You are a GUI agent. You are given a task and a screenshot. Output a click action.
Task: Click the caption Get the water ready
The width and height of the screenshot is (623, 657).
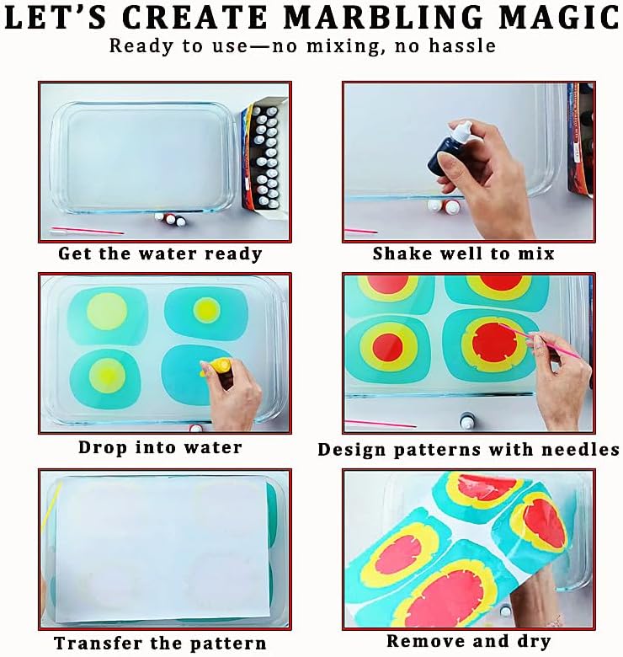click(160, 253)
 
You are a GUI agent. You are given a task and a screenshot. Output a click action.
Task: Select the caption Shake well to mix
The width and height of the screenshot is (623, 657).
click(464, 253)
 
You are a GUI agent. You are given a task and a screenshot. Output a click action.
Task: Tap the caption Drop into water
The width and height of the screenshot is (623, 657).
click(160, 447)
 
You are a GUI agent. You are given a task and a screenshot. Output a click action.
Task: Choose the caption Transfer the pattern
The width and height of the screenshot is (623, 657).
click(160, 644)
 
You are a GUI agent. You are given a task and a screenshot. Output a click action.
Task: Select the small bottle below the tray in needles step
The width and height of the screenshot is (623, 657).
click(466, 419)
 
